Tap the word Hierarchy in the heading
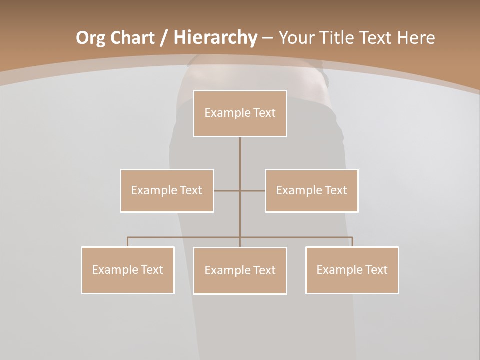215,38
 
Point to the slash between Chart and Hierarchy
164,38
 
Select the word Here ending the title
416,38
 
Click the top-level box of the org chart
240,113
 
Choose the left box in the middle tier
167,190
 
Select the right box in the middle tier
311,190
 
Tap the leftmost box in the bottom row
128,270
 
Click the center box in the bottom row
240,270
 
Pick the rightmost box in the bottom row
352,270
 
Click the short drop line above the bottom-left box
128,242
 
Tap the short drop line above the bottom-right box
352,242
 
